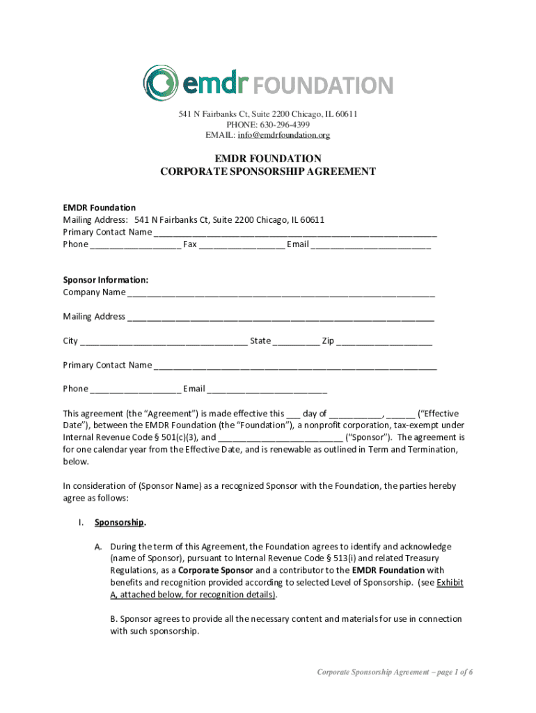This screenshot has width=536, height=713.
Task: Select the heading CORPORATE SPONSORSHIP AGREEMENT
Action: (x=268, y=171)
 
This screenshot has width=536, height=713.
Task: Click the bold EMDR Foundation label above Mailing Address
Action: (x=100, y=207)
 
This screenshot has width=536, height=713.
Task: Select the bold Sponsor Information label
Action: (x=106, y=280)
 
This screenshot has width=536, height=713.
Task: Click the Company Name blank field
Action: (x=281, y=293)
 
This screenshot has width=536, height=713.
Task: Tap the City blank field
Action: (x=164, y=342)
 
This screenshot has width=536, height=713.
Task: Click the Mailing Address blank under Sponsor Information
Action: (x=281, y=318)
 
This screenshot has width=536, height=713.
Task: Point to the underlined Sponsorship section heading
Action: (x=119, y=522)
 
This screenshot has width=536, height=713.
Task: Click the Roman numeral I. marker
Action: (x=81, y=522)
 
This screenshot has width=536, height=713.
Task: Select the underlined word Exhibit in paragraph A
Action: (x=450, y=583)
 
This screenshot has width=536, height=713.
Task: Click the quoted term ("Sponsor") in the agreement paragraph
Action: (x=368, y=437)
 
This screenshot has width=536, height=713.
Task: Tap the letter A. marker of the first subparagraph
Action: (x=100, y=547)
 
